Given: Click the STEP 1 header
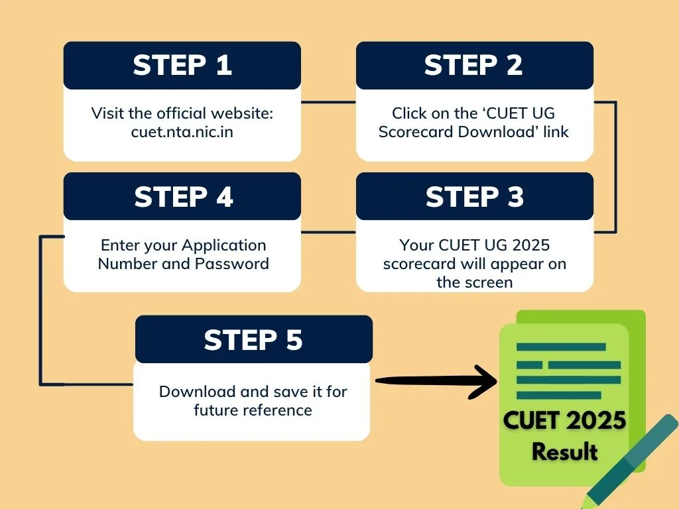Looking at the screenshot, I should coord(182,65).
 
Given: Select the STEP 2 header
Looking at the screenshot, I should coord(473,65).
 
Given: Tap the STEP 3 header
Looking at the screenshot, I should coord(474,197).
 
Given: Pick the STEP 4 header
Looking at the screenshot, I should coord(184,197).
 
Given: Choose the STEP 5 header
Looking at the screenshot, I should coord(253,339).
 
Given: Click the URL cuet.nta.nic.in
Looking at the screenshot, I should coord(182,131).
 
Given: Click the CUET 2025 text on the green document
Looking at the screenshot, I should coord(564,422).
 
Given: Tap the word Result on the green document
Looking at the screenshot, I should coord(564,452).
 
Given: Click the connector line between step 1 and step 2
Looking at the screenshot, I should coord(328,102).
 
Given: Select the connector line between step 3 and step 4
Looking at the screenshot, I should coord(328,233).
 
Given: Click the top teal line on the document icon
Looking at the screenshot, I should coord(561,347).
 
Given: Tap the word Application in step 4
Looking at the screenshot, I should coord(223,245).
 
